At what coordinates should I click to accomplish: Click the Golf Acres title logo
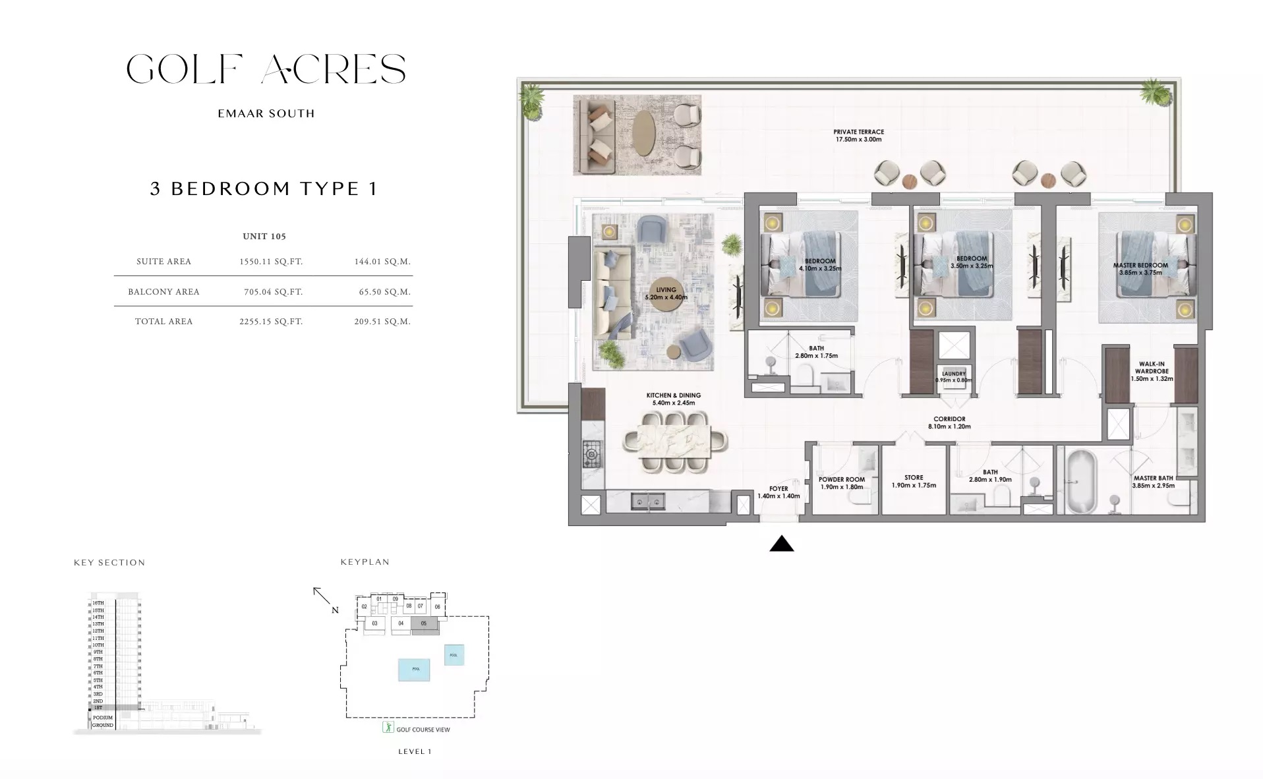pyautogui.click(x=266, y=69)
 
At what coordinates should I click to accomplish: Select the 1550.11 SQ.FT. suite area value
pyautogui.click(x=271, y=262)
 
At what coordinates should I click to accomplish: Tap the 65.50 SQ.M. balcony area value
pyautogui.click(x=382, y=292)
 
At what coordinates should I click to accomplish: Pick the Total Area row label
pyautogui.click(x=163, y=322)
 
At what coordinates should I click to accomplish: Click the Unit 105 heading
pyautogui.click(x=264, y=237)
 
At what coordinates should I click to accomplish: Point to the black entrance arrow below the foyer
pyautogui.click(x=782, y=544)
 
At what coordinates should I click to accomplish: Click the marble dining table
pyautogui.click(x=674, y=441)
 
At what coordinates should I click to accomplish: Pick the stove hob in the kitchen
pyautogui.click(x=592, y=454)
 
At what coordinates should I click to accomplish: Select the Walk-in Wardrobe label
pyautogui.click(x=1152, y=371)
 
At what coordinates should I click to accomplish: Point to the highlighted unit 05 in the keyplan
pyautogui.click(x=425, y=623)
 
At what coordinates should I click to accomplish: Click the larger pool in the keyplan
pyautogui.click(x=415, y=669)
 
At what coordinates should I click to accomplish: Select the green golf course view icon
pyautogui.click(x=388, y=728)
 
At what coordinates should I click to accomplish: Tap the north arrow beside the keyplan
pyautogui.click(x=322, y=597)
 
